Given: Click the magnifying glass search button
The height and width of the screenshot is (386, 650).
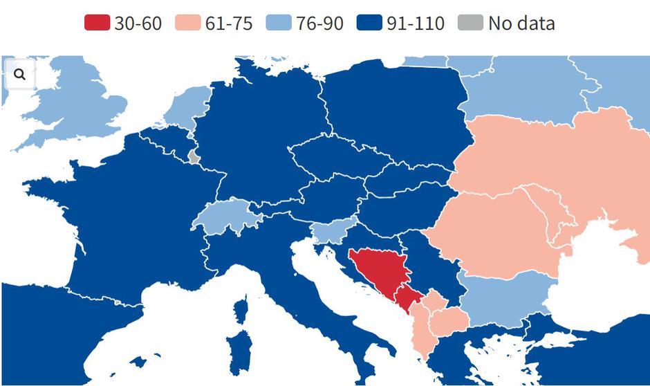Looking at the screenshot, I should [19, 74].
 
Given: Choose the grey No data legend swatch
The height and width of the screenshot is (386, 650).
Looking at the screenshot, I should [470, 23].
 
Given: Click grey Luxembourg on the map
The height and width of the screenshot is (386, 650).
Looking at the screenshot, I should [194, 158].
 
